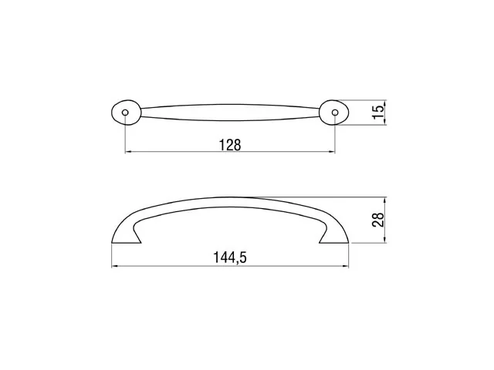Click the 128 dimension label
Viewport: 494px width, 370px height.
pos(230,145)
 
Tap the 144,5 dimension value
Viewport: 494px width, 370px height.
pos(230,257)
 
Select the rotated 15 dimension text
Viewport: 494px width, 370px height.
pos(379,113)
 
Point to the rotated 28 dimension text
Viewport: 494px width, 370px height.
pos(378,220)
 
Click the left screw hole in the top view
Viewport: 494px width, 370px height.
pos(125,113)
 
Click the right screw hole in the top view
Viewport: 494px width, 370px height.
pos(335,113)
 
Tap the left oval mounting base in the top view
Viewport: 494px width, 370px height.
pos(126,113)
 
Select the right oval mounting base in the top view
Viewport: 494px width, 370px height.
pos(334,113)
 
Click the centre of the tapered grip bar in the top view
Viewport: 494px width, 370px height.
pos(230,113)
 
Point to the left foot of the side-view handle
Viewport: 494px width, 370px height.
pos(126,239)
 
